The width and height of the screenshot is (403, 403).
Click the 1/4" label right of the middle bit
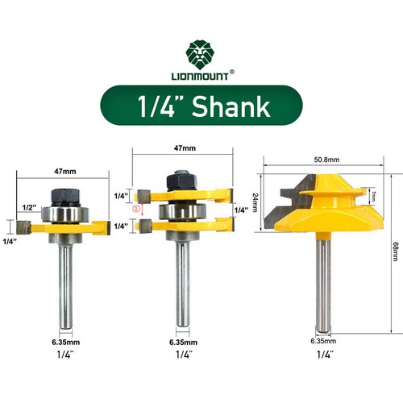pyautogui.click(x=239, y=210)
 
